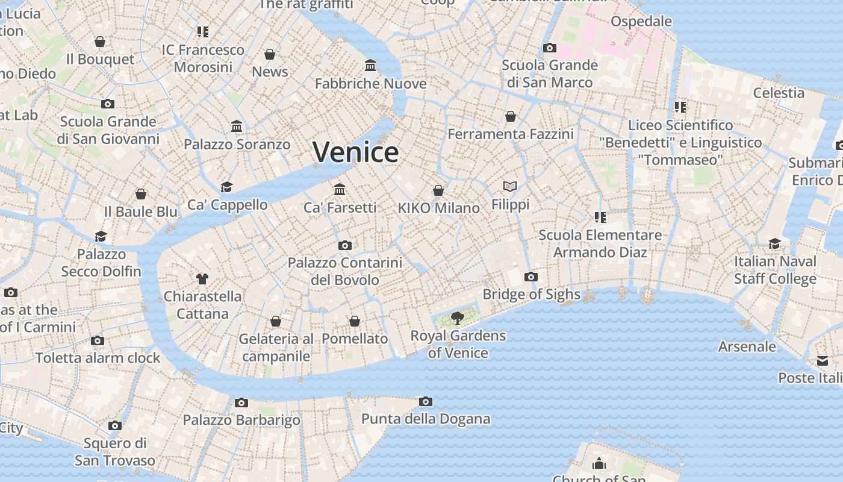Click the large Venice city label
[355, 152]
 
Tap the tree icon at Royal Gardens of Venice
[458, 318]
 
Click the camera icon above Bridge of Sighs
[530, 277]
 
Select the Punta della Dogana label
[426, 419]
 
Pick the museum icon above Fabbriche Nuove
[370, 65]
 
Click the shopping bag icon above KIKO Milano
[438, 190]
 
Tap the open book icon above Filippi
[510, 187]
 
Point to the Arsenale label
[747, 346]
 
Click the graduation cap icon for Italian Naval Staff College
[774, 243]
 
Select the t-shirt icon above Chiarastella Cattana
[202, 278]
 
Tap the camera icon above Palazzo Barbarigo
[241, 402]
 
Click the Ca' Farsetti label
[340, 207]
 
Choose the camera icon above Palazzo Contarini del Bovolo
[344, 245]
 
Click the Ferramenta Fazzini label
[511, 134]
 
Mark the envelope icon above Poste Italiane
[822, 361]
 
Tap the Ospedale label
[641, 22]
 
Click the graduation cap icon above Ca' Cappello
[226, 187]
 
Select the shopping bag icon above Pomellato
[355, 321]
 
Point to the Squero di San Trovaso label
[115, 452]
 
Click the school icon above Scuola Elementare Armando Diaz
[600, 217]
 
